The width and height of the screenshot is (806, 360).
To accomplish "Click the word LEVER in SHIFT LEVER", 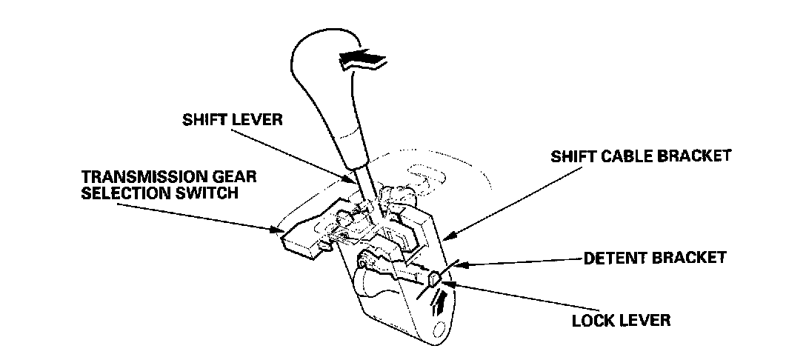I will pyautogui.click(x=256, y=121).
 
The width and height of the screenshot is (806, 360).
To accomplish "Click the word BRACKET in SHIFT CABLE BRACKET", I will pyautogui.click(x=695, y=156).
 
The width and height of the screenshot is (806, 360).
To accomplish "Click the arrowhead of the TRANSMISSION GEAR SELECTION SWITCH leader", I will pyautogui.click(x=279, y=230).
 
